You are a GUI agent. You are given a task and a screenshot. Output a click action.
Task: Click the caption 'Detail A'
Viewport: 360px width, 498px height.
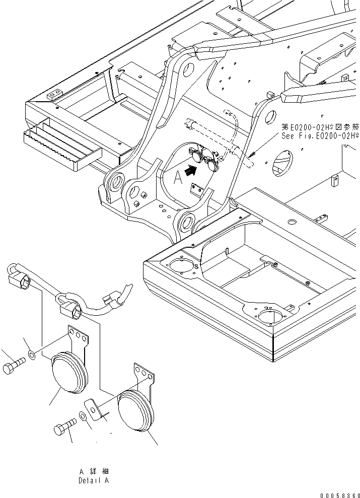coord(93,480)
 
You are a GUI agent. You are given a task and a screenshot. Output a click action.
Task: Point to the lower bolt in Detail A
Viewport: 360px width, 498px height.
coord(63,429)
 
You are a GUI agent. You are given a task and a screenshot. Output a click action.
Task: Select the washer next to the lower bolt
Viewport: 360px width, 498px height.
coord(82,417)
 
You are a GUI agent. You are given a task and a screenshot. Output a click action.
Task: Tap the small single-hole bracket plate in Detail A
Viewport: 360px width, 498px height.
coord(96,408)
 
